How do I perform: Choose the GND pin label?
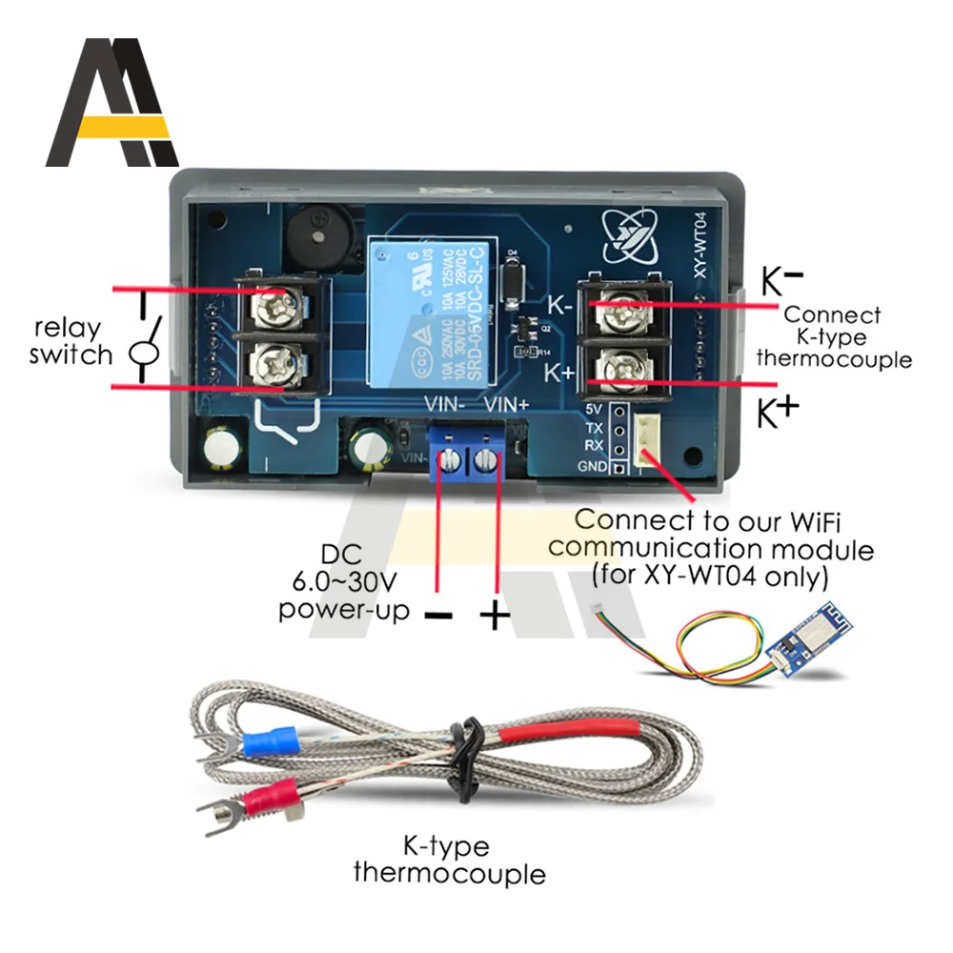(592, 466)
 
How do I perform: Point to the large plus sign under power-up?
(494, 616)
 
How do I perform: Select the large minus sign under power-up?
(437, 616)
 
